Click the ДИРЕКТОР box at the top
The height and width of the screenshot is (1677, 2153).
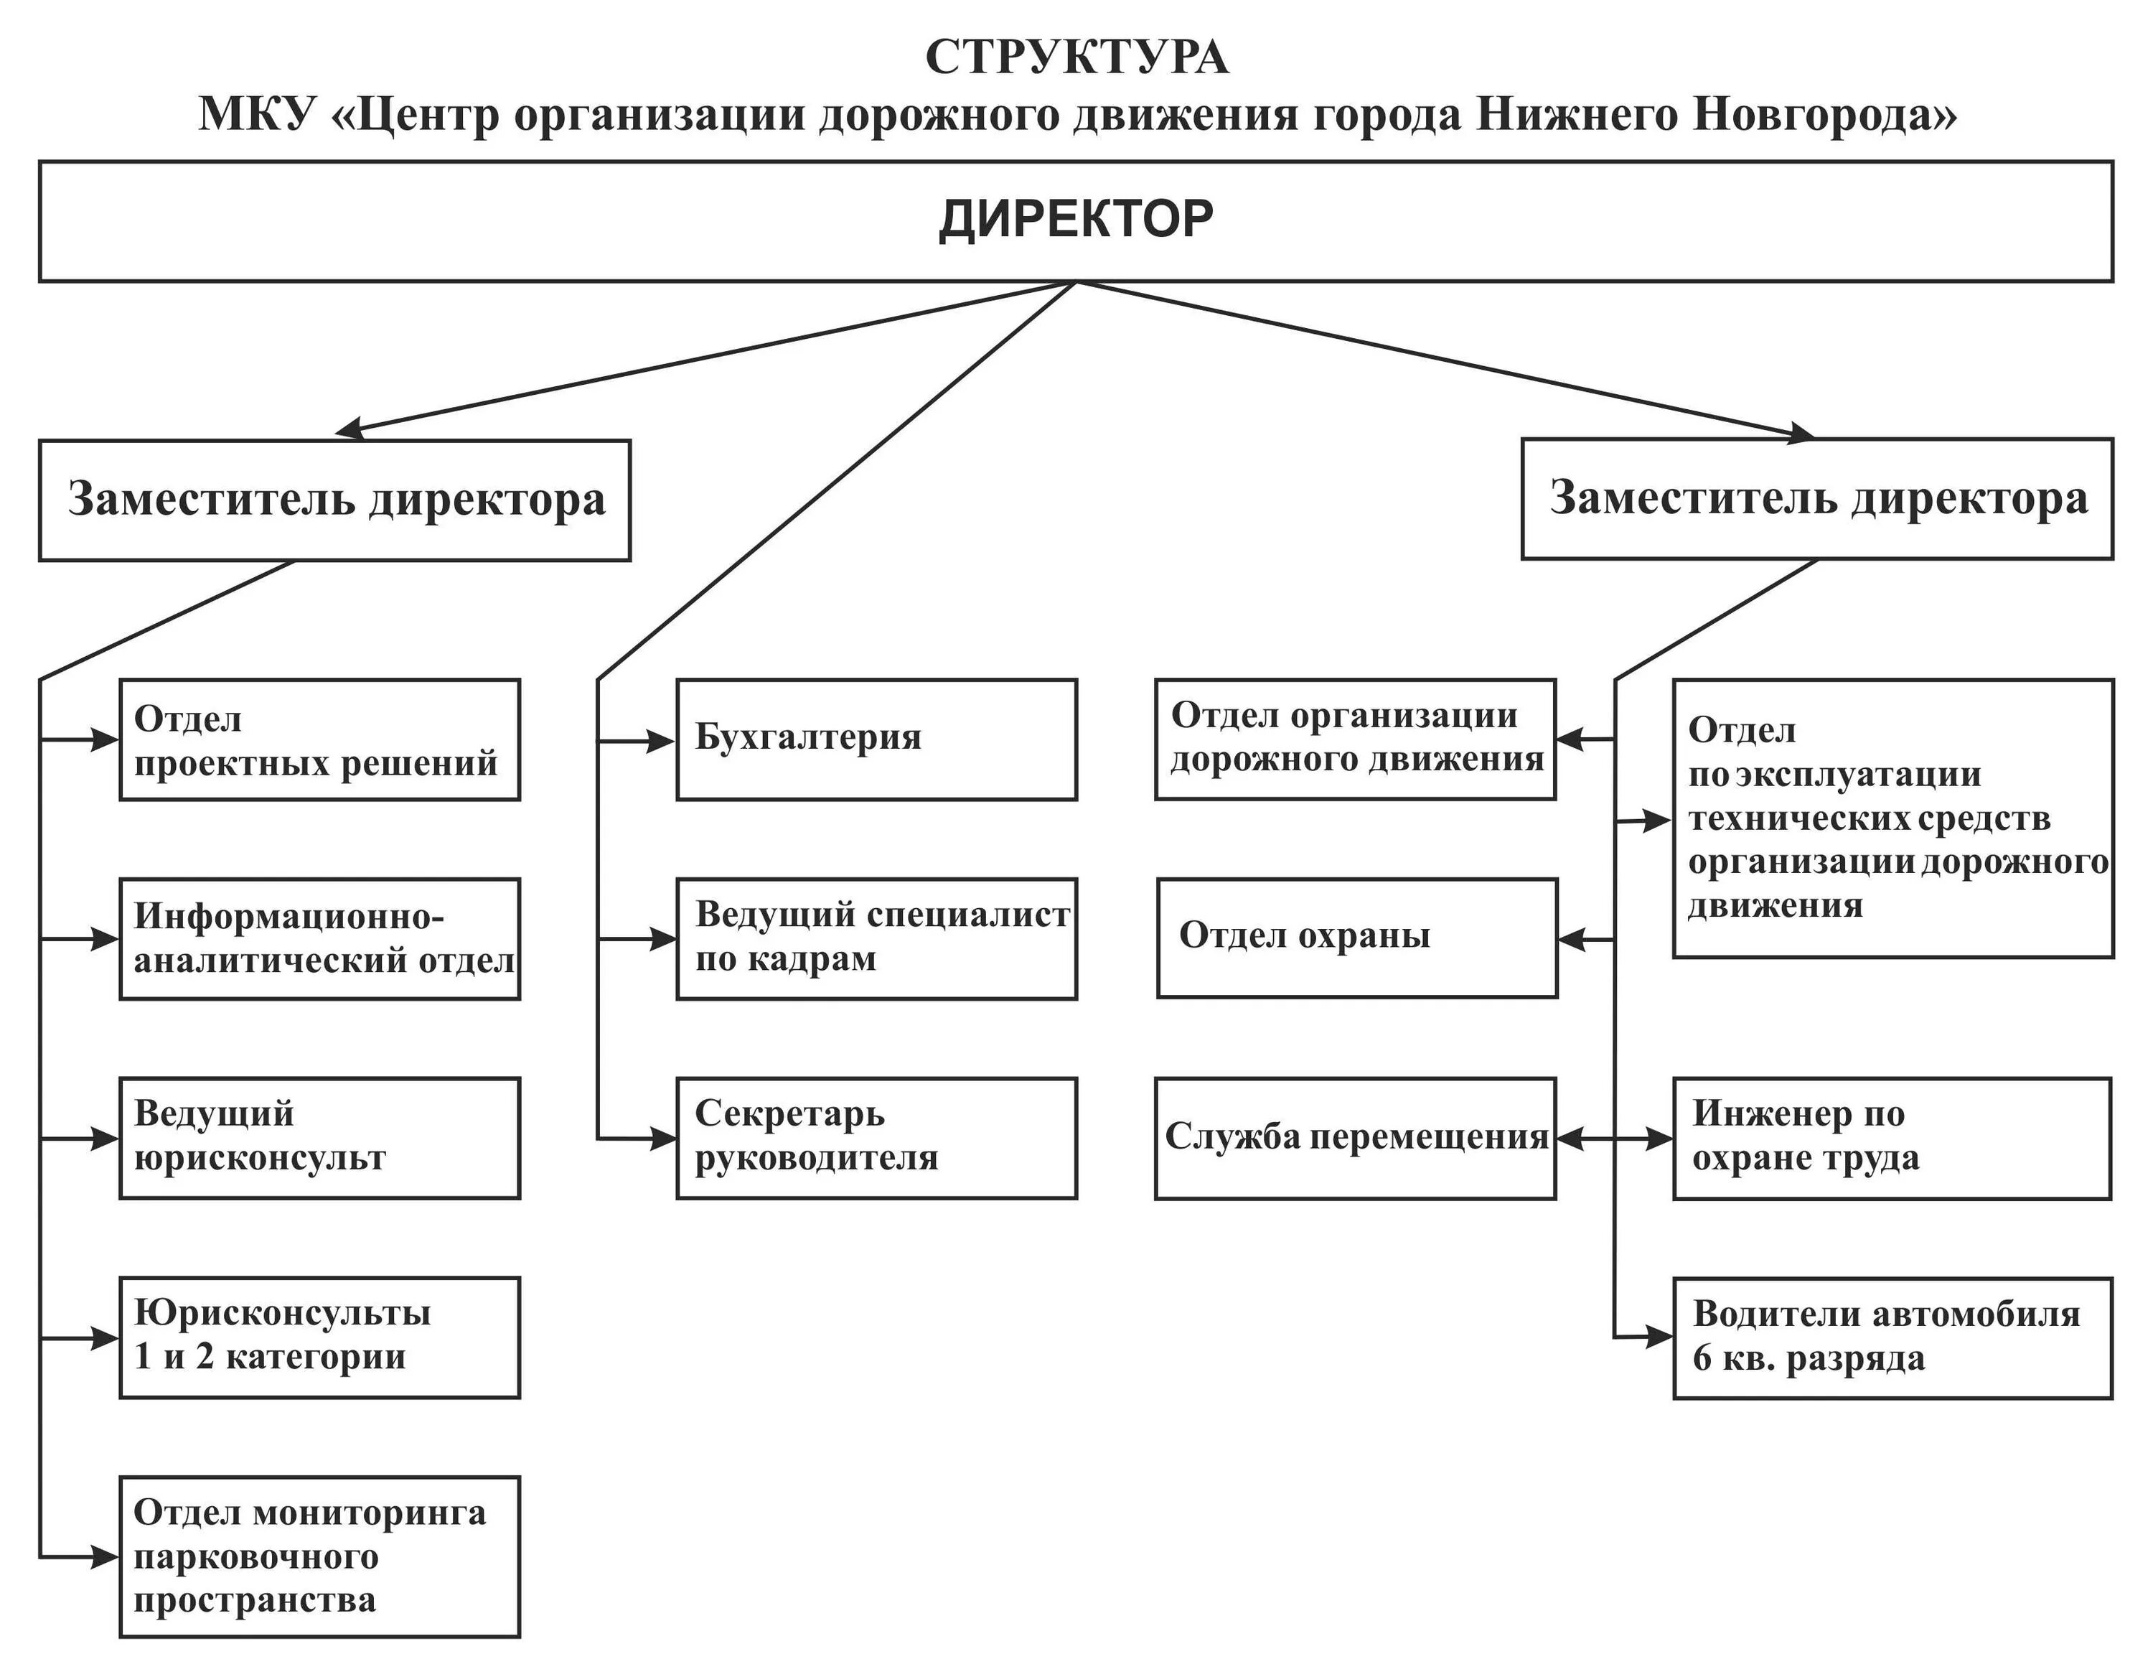(1076, 221)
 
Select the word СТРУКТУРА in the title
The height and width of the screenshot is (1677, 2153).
(1076, 57)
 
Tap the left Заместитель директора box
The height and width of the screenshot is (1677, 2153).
(334, 500)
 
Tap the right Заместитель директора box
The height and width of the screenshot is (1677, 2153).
(1817, 499)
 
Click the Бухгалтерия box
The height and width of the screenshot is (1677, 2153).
(876, 739)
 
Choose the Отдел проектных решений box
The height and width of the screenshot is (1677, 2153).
(319, 739)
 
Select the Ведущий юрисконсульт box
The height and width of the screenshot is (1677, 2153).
(319, 1138)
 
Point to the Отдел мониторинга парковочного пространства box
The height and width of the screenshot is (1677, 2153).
(319, 1556)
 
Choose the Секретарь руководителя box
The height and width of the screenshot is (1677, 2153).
(876, 1138)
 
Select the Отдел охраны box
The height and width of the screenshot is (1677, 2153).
(1356, 938)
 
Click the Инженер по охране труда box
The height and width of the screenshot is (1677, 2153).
(1892, 1138)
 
